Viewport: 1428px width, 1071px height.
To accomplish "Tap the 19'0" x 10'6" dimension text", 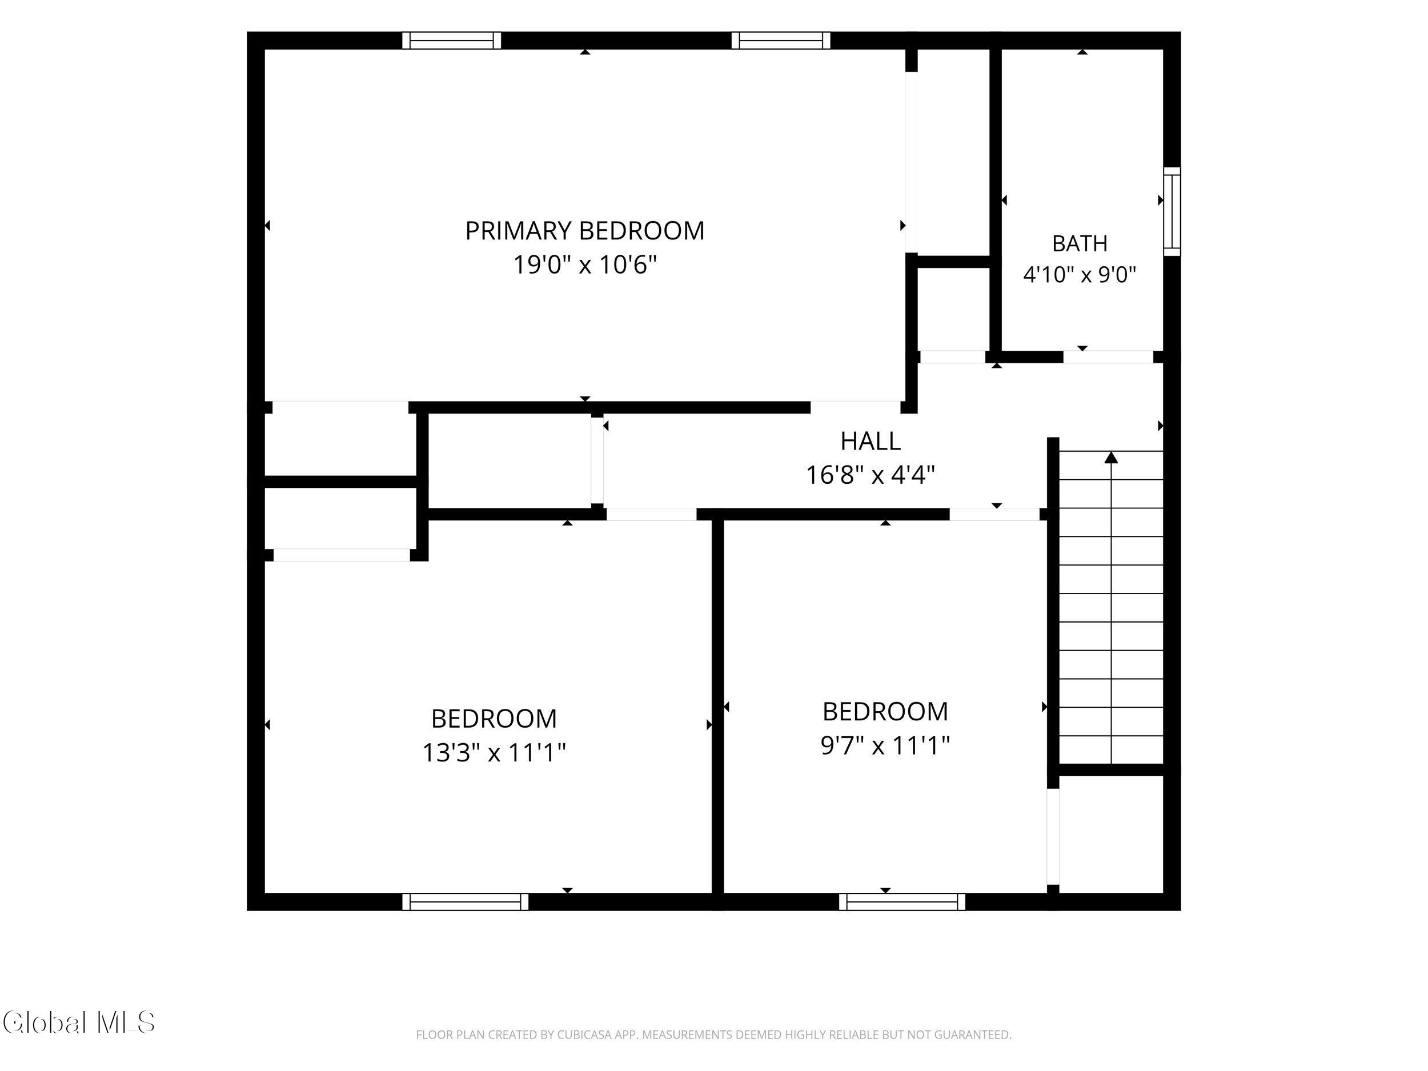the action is click(585, 264).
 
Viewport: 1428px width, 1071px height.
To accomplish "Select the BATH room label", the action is click(1080, 244).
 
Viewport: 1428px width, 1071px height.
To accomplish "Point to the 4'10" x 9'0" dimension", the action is click(1080, 275).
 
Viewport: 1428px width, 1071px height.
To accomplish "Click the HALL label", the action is click(871, 442).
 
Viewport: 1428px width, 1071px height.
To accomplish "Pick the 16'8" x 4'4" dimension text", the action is click(871, 476).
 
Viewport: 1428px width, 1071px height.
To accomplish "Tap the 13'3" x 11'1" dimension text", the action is click(494, 753).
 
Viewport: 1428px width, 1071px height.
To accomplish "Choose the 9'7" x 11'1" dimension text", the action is click(885, 745).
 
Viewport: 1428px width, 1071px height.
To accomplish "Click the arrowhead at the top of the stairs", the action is click(1111, 458).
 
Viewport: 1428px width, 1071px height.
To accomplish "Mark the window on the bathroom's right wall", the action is click(1172, 212).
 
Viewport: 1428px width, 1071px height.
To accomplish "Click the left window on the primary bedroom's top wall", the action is click(452, 41).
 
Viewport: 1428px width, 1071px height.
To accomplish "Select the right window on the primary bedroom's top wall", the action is click(781, 41).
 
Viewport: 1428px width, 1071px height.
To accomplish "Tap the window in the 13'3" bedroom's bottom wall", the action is click(466, 902).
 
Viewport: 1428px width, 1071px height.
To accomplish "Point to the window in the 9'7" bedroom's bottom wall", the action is click(902, 902).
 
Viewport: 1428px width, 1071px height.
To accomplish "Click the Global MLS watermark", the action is click(79, 1022).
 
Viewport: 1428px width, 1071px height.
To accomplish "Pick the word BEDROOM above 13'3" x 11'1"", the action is click(494, 719).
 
